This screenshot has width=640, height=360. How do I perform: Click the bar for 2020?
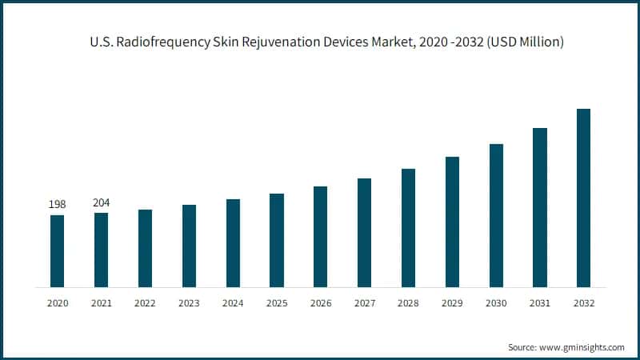point(57,250)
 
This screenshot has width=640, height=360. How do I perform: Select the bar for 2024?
point(233,242)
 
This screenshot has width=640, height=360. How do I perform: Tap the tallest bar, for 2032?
point(583,198)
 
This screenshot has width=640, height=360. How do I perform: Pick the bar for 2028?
point(408,227)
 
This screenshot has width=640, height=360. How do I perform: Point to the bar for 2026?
point(320,236)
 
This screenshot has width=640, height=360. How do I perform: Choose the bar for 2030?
point(496,215)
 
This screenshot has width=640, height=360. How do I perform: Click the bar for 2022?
point(145,248)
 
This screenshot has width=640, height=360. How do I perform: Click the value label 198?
point(57,205)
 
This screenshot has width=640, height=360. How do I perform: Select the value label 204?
point(102,202)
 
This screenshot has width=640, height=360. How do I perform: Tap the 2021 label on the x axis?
point(102,303)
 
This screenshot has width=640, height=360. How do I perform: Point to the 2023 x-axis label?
point(189,303)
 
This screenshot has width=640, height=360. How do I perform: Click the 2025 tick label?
point(277,303)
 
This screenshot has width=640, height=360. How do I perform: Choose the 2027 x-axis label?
point(364,303)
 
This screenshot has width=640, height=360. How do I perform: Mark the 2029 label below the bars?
point(452,303)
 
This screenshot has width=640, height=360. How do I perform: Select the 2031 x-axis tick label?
point(540,303)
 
